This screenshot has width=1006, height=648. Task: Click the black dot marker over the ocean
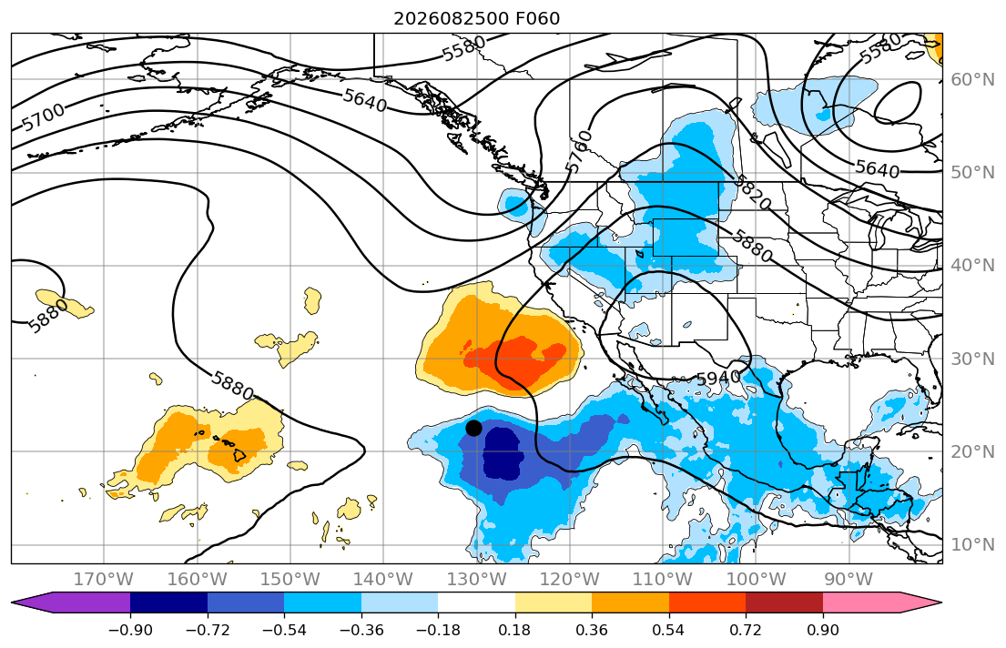[473, 428]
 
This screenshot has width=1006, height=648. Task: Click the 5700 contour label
[44, 116]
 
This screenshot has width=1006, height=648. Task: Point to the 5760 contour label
[579, 151]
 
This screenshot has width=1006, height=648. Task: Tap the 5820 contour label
[752, 191]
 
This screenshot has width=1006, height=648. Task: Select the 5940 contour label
[718, 379]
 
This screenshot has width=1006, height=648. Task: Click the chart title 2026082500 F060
[477, 18]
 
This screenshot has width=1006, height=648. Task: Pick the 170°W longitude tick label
[104, 580]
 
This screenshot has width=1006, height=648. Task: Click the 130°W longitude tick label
[477, 580]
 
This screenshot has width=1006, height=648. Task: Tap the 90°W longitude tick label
[848, 580]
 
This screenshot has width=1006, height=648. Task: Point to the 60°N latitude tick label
[972, 79]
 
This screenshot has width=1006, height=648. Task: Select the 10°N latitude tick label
[972, 545]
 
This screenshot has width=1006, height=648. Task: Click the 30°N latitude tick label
[972, 359]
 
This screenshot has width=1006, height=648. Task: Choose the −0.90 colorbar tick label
[130, 630]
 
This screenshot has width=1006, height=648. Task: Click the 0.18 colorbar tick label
[514, 630]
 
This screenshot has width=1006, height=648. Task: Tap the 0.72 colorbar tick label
[746, 630]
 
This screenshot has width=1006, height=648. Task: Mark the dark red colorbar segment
[784, 602]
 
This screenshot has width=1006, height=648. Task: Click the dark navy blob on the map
[503, 453]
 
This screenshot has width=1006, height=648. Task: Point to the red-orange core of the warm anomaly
[516, 359]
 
